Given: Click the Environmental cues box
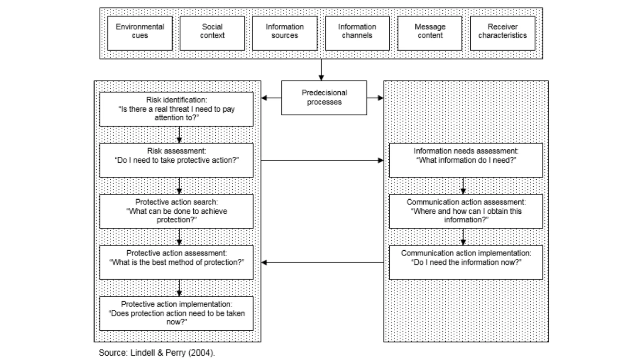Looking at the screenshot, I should coord(140,33).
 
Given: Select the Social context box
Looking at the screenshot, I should coord(212,33).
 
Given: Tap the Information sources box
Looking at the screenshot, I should coord(285,33).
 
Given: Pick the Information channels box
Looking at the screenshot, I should coord(357,33).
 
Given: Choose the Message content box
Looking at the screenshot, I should coord(430,33).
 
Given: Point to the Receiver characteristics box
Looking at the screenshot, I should coord(502,33).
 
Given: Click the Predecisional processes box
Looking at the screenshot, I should coord(324,98).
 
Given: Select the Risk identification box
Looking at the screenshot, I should coord(176,109).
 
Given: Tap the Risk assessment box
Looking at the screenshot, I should coord(176,160).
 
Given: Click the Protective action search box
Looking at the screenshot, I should coord(176,211).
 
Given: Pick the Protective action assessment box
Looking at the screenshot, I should coord(176,262).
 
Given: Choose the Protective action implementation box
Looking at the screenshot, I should coord(176,313).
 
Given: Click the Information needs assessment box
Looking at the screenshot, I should coord(466,160).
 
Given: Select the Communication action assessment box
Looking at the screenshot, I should coord(466,211).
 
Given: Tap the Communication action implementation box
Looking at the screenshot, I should coord(466,262).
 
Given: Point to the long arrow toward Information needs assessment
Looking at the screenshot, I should coord(322,160).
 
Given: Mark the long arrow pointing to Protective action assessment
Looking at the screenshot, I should coord(322,262).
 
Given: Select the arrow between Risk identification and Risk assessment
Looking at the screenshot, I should coord(179,135).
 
